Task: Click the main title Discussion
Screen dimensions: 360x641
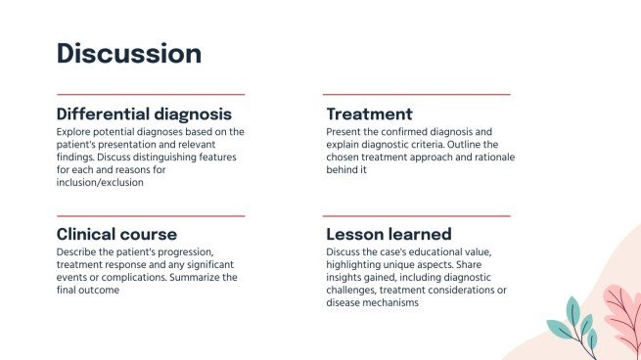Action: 129,53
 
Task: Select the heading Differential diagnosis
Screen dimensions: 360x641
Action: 144,113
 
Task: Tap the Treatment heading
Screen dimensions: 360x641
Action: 369,113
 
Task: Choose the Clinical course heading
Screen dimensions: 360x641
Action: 116,234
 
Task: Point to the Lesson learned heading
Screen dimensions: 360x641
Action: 389,234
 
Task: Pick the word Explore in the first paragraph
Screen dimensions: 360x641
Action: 74,131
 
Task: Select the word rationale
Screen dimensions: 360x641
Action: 491,157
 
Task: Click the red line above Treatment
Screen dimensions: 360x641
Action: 417,94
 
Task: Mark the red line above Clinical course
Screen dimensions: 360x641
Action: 150,214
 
